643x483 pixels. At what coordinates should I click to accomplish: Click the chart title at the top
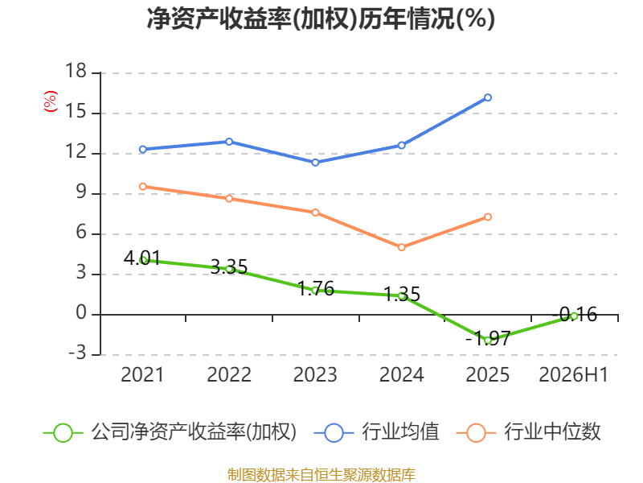tap(321, 19)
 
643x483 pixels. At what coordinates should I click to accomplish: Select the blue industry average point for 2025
tap(488, 97)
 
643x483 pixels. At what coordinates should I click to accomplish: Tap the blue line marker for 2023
tap(315, 163)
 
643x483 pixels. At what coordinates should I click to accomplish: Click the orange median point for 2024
tap(401, 247)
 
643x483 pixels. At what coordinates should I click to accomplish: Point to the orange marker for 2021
tap(143, 187)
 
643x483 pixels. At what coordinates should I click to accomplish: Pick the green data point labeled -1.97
tap(488, 341)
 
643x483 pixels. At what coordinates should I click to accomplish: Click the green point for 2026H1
tap(574, 316)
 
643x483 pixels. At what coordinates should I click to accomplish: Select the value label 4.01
tap(142, 258)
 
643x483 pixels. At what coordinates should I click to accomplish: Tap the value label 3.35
tap(229, 267)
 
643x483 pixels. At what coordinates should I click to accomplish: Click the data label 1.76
tap(315, 289)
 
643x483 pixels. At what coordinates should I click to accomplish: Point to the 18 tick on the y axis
tap(76, 71)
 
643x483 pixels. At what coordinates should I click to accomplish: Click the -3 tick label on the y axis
tap(77, 353)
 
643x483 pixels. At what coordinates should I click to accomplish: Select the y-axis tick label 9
tap(81, 192)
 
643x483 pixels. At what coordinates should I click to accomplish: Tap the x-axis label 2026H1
tap(574, 375)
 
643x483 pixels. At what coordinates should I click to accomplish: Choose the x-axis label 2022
tap(229, 375)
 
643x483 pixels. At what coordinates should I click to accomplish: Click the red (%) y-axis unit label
tap(51, 101)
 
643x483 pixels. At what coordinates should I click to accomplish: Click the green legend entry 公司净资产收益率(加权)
tap(170, 432)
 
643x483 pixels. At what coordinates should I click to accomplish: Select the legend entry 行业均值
tap(376, 432)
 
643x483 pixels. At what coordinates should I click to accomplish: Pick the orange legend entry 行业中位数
tap(528, 432)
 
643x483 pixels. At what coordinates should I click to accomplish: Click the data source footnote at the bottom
tap(321, 475)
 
